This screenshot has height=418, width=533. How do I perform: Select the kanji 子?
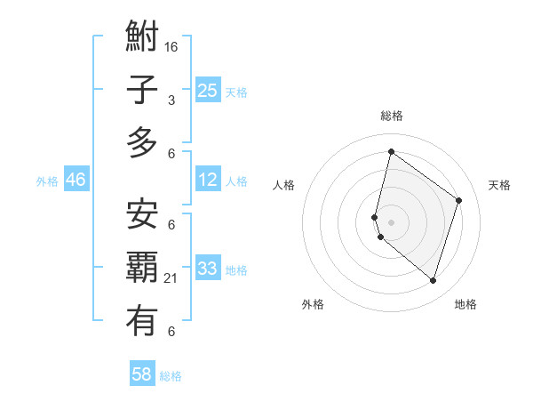pos(142,91)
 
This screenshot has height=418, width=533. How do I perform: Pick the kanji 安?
pos(142,214)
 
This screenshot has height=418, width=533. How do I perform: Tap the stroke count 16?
pos(171,46)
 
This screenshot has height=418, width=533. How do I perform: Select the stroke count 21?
pos(171,278)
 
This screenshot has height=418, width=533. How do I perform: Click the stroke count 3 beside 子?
pos(171,100)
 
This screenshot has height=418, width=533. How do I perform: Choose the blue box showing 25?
pos(208,91)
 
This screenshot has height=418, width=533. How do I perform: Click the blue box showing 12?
pos(208,180)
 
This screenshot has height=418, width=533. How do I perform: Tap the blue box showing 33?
pos(208,269)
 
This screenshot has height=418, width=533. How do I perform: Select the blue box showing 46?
pos(76,180)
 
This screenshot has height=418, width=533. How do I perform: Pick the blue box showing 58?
pos(142,374)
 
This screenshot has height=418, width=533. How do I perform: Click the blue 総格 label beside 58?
pos(171,376)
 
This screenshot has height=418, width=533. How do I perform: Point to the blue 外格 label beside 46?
pos(47,181)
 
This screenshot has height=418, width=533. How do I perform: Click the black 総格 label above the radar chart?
pos(392,116)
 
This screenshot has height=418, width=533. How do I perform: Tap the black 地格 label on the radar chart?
pos(465,304)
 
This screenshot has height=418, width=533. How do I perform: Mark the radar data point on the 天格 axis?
pos(459,200)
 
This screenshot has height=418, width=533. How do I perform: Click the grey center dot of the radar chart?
pos(392,221)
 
